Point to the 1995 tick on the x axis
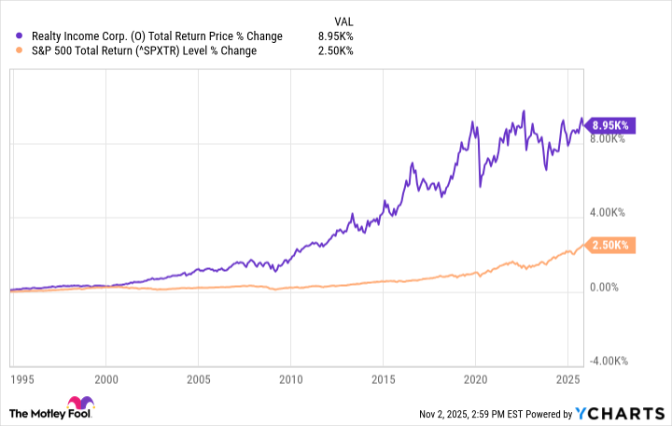click(x=19, y=380)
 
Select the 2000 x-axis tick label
click(x=105, y=380)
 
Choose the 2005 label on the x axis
click(x=198, y=380)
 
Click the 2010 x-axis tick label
click(x=290, y=380)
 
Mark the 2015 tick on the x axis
click(x=383, y=380)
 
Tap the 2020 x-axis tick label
click(x=475, y=380)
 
